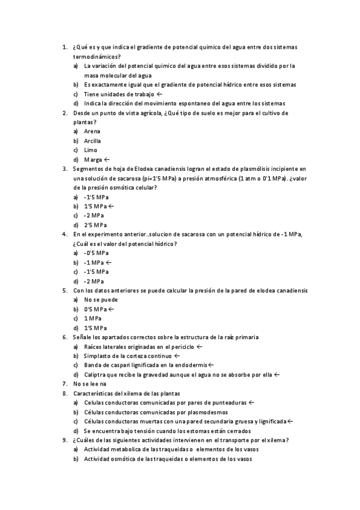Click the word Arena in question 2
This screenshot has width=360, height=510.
pyautogui.click(x=92, y=131)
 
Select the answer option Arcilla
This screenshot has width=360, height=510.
pyautogui.click(x=93, y=141)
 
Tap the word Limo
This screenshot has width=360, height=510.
pyautogui.click(x=90, y=150)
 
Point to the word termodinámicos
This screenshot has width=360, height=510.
pyautogui.click(x=96, y=56)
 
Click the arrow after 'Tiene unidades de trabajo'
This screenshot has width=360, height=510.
pyautogui.click(x=159, y=94)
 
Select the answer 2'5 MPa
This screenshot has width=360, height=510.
pyautogui.click(x=96, y=225)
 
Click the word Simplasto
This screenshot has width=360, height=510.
pyautogui.click(x=97, y=355)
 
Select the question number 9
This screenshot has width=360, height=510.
pyautogui.click(x=65, y=440)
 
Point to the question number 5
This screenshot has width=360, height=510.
pyautogui.click(x=65, y=290)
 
